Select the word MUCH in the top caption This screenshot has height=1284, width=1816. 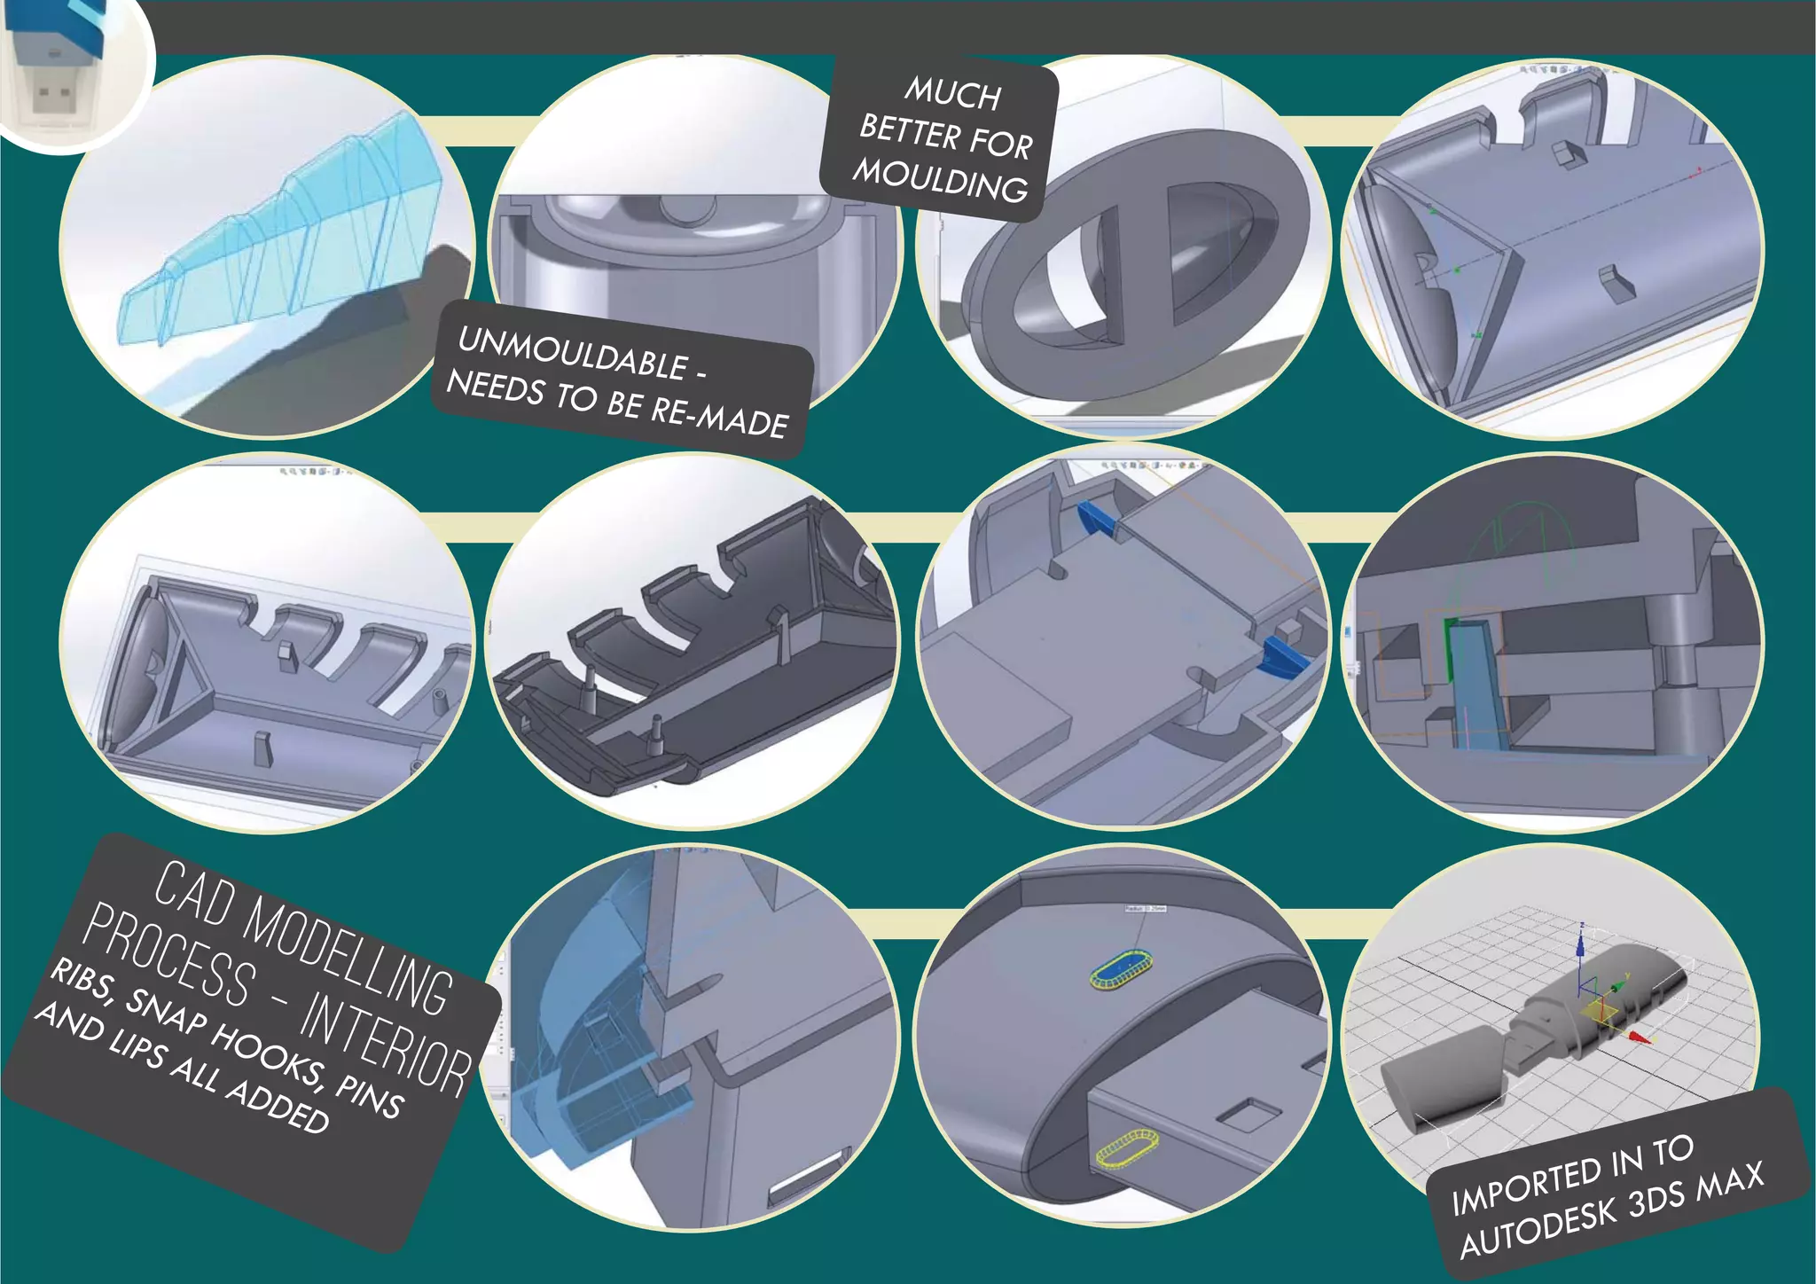[953, 93]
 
